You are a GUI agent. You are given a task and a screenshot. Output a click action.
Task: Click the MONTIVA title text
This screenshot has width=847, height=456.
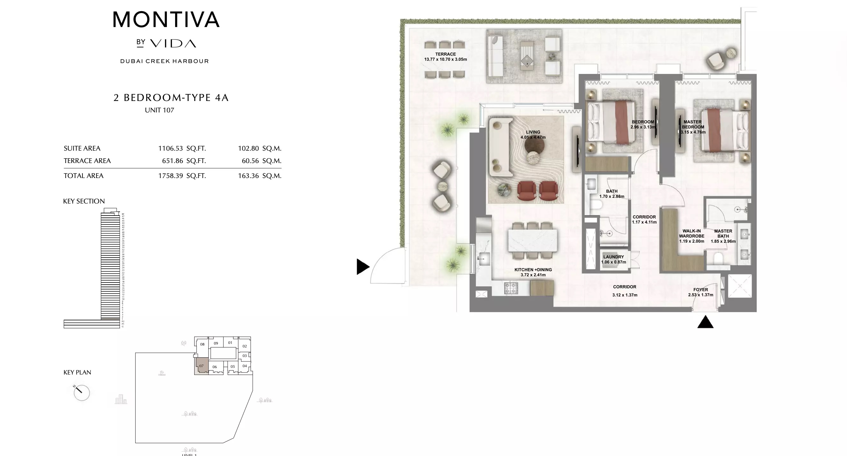click(166, 20)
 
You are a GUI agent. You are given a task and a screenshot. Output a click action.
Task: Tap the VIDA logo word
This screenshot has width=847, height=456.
click(173, 43)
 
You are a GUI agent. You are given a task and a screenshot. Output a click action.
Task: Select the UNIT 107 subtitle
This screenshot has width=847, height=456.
click(160, 110)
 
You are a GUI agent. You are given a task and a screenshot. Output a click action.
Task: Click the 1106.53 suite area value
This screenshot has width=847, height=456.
click(170, 148)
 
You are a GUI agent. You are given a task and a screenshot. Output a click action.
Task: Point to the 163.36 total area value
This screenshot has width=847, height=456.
click(248, 176)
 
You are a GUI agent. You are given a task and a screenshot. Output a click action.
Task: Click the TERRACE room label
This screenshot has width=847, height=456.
click(445, 54)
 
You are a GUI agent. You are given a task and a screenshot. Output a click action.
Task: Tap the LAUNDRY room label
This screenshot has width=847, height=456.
click(613, 257)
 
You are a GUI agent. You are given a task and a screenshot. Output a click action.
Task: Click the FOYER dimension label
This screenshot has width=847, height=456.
click(700, 292)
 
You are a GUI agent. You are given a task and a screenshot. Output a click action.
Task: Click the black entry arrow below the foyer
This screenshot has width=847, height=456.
click(705, 323)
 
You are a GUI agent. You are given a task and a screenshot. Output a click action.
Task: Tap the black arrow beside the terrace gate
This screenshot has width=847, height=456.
click(362, 267)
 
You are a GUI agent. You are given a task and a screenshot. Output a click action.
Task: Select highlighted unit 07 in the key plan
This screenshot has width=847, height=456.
click(202, 365)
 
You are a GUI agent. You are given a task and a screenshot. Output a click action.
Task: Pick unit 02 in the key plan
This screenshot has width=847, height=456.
click(245, 346)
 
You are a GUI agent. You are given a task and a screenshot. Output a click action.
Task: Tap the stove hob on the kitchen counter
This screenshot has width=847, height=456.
click(511, 288)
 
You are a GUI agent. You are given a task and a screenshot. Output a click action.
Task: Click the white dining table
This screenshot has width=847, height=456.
click(532, 240)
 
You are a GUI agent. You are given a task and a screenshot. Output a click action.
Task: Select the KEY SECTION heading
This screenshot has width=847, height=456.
click(84, 201)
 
